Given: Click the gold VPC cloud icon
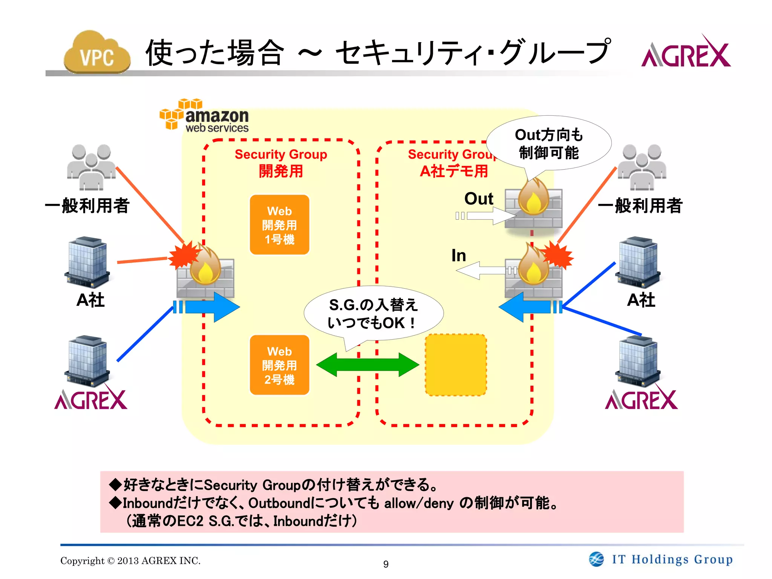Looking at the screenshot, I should point(97,53).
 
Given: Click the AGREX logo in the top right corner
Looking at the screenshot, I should point(686,53).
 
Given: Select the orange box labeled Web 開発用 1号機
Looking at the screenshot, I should point(279,225).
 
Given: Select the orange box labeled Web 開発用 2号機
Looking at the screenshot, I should point(279,365).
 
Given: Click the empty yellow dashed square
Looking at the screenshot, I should point(456,365).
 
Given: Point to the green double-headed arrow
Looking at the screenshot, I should point(368,365).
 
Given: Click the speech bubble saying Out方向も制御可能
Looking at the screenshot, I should point(548,144).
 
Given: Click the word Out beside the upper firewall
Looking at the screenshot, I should point(478,199).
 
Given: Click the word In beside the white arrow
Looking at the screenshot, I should point(459,256).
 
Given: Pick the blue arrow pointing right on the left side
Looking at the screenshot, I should point(211,307).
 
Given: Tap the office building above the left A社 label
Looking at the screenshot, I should point(87,262).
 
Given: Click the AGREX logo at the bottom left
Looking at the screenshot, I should point(91,400).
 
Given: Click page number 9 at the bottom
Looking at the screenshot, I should point(386,564).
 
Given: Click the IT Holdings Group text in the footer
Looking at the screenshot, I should point(672,559).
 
